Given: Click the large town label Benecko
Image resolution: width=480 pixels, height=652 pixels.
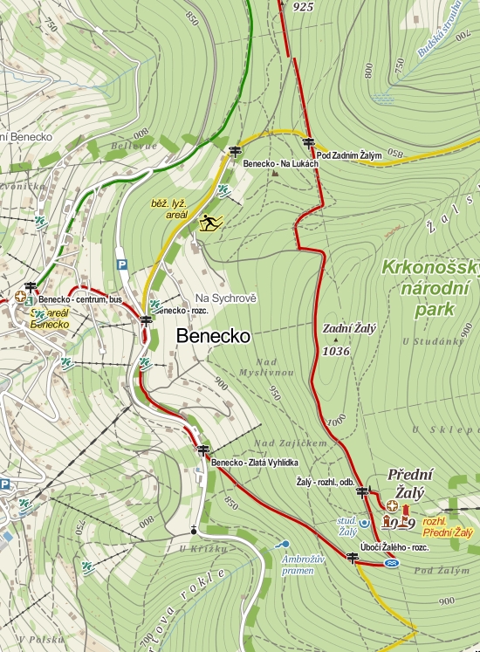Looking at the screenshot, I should [213, 335].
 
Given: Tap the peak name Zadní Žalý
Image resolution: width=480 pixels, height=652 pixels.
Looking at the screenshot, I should [349, 329].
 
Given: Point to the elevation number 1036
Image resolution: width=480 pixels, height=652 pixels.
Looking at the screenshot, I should [336, 351].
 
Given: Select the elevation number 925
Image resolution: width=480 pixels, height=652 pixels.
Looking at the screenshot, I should [303, 7].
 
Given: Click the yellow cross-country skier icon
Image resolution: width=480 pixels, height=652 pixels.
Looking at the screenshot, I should [210, 223].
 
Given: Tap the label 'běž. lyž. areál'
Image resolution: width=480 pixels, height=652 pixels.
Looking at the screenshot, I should [169, 208].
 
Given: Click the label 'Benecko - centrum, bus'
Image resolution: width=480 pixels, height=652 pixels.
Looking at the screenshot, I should [79, 299].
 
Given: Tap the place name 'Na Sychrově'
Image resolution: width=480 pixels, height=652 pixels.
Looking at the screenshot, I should [226, 298].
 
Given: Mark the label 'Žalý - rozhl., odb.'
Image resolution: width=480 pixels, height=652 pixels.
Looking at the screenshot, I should [325, 481].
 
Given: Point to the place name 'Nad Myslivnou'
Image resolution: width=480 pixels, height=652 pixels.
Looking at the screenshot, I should [274, 367].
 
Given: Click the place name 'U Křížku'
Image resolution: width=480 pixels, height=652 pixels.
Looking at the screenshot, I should [202, 548].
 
